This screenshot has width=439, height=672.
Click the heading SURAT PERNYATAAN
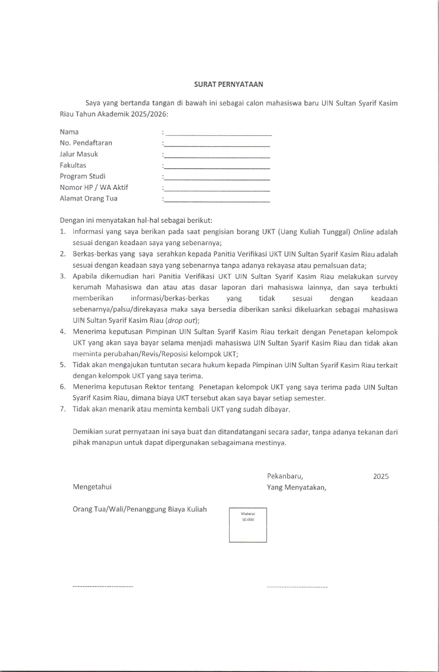[228, 85]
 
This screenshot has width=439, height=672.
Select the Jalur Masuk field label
[79, 154]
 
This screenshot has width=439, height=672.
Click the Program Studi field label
[83, 176]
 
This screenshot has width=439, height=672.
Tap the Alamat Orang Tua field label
[88, 198]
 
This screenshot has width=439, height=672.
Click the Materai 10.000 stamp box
[248, 525]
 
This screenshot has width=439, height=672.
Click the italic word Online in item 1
[363, 232]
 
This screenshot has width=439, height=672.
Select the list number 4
[63, 332]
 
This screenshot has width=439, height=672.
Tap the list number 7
[63, 409]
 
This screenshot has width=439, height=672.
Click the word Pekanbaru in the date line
[285, 476]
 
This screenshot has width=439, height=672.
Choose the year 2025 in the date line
[381, 476]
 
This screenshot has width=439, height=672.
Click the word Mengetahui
[92, 487]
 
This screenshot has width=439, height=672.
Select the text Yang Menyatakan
[296, 487]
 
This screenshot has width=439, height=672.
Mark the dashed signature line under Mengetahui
[103, 586]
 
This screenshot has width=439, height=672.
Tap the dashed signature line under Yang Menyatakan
[297, 586]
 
